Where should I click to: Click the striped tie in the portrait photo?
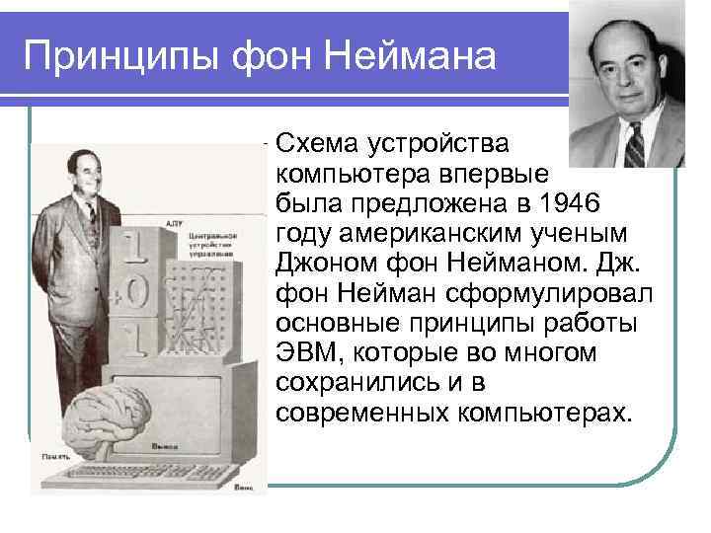(x=633, y=144)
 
